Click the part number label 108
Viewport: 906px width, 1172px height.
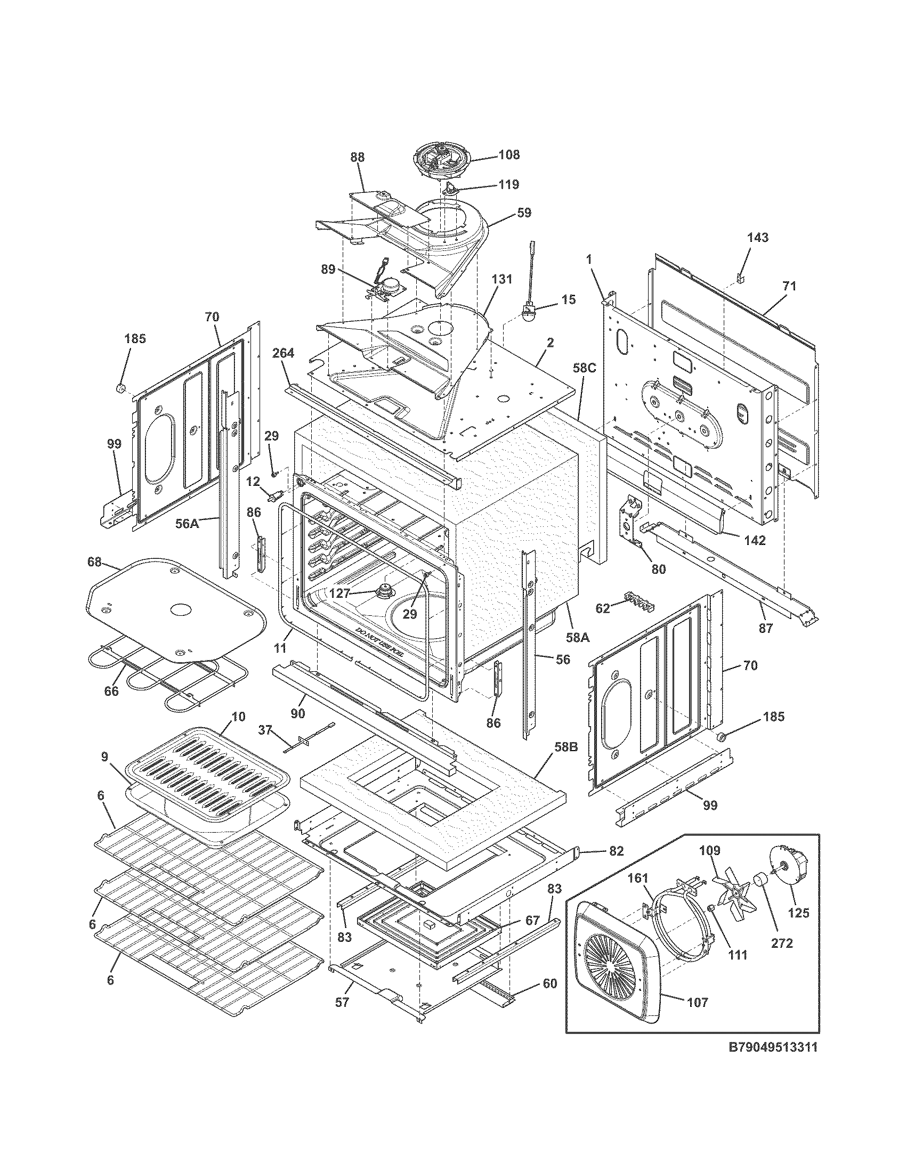tap(509, 155)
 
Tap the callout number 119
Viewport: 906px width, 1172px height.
tap(508, 185)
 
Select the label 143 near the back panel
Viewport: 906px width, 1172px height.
tap(757, 237)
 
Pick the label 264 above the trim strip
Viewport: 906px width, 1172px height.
tap(283, 353)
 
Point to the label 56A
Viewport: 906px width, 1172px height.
tap(187, 523)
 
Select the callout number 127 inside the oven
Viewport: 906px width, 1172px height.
tap(341, 593)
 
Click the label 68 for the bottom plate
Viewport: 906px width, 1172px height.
tap(95, 563)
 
